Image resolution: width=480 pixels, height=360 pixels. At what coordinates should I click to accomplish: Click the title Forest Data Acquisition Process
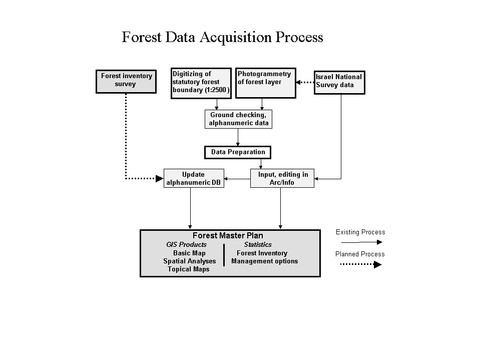point(222,38)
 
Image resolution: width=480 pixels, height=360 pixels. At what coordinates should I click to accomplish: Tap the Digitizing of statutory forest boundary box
point(201,83)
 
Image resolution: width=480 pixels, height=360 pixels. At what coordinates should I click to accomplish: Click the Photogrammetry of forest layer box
point(266,83)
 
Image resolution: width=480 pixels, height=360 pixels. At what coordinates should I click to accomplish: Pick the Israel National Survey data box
point(339,82)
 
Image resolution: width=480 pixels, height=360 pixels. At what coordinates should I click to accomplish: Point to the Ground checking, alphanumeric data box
point(238,119)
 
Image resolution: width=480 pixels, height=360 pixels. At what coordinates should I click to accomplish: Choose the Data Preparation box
point(238,152)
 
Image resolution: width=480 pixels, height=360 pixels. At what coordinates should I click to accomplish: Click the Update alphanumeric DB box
point(193,178)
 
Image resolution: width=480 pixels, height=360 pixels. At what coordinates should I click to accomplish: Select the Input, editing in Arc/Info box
point(282,178)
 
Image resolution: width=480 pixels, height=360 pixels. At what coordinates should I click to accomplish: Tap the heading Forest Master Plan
point(228,235)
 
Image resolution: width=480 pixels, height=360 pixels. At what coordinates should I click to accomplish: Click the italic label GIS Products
point(186,245)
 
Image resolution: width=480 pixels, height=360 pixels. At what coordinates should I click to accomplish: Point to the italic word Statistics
point(258,245)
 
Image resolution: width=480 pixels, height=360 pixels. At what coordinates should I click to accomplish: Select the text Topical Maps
point(188,269)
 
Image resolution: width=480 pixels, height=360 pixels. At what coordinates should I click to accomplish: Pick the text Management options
point(264,261)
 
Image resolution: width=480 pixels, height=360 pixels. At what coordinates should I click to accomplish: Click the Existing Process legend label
point(360,232)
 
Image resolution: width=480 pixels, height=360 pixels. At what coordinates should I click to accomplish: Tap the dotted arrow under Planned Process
point(358,264)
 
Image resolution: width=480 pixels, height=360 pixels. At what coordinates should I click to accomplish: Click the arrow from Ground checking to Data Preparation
point(238,137)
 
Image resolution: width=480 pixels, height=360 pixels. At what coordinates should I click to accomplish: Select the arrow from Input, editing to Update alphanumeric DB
point(237,178)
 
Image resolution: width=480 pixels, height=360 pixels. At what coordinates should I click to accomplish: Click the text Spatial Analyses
point(190,261)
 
